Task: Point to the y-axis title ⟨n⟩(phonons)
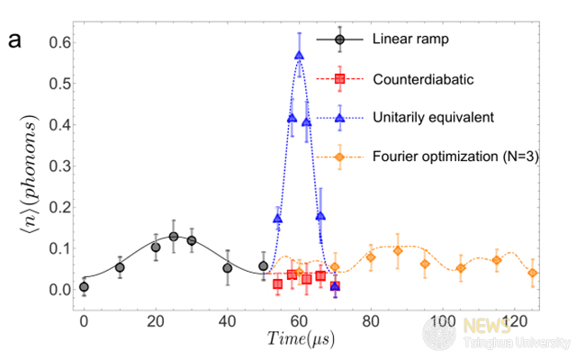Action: (22, 179)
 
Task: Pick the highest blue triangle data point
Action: (299, 55)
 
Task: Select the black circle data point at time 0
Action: (84, 287)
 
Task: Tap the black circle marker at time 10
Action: (120, 267)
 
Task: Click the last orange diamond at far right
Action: (533, 273)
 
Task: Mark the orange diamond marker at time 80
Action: (370, 257)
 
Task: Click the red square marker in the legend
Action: (340, 79)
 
